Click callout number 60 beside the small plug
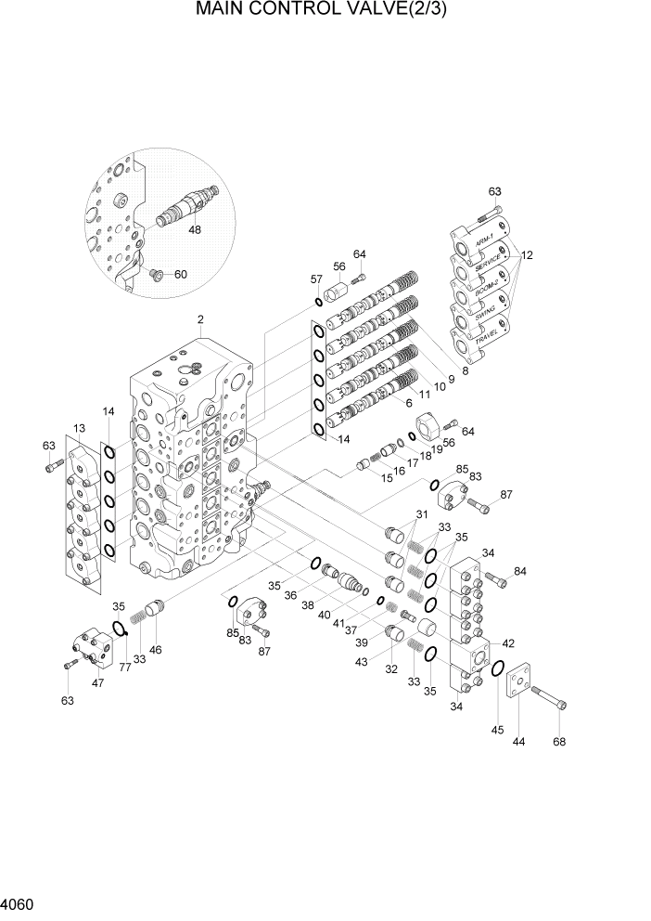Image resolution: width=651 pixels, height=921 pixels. (180, 274)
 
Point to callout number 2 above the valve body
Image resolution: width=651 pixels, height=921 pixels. (200, 321)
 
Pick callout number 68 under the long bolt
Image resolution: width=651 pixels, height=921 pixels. (558, 741)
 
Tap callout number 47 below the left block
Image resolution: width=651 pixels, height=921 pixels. (98, 682)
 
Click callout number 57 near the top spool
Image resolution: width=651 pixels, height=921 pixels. (316, 279)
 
